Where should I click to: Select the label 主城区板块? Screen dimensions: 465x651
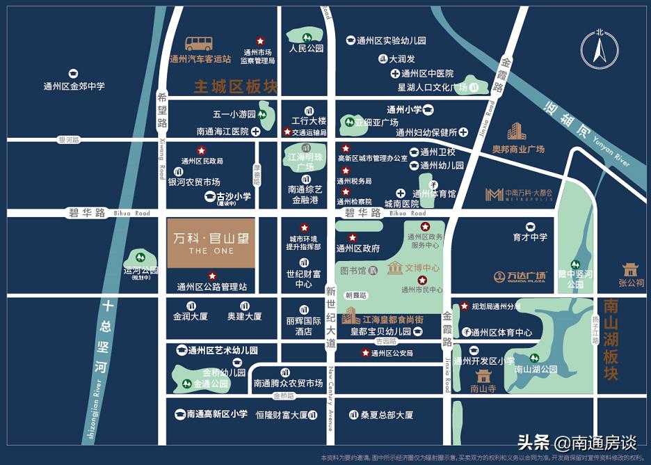click(236, 87)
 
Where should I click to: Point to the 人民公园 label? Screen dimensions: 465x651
click(307, 49)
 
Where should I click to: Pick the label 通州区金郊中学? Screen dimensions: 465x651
click(74, 86)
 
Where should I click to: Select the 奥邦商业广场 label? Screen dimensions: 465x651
click(518, 149)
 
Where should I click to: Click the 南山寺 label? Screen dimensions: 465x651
click(483, 389)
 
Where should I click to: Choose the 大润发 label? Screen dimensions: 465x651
click(402, 59)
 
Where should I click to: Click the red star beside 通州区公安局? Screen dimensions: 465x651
click(365, 353)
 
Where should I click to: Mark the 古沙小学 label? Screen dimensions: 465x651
click(233, 197)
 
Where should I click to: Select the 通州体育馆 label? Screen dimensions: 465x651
click(434, 194)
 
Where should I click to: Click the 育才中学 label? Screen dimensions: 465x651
click(530, 237)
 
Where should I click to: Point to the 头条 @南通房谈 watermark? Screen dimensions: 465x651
click(577, 443)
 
